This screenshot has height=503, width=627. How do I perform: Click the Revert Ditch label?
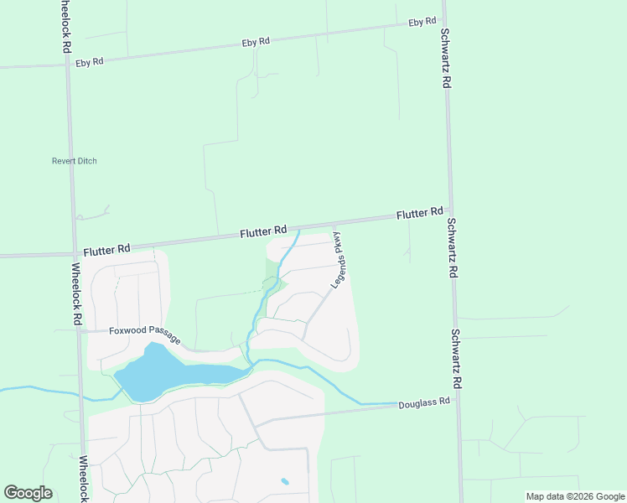pos(74,161)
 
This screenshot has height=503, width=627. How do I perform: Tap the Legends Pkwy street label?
pos(342,259)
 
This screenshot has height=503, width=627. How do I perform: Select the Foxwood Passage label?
pos(144,333)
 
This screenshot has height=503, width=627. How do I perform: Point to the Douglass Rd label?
pos(424,402)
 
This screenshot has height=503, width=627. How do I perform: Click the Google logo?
pos(28,492)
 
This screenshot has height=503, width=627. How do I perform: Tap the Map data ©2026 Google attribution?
pos(575,496)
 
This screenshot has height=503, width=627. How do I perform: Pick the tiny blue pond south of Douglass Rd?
pos(285,481)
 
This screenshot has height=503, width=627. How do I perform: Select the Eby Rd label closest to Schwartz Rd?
pos(422,23)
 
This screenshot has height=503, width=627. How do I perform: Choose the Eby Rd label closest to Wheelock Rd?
pos(89,61)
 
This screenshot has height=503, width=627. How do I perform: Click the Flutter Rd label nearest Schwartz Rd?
pos(419,214)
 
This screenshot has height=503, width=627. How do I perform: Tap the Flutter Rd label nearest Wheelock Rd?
pos(106,249)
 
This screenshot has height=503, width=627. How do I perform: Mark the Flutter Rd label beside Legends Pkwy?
pos(263,231)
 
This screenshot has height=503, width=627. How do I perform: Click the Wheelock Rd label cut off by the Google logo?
pos(84,478)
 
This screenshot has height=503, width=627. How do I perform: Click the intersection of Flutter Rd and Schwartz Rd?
pos(449,210)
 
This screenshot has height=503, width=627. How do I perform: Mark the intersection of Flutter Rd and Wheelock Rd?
pos(73,251)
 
